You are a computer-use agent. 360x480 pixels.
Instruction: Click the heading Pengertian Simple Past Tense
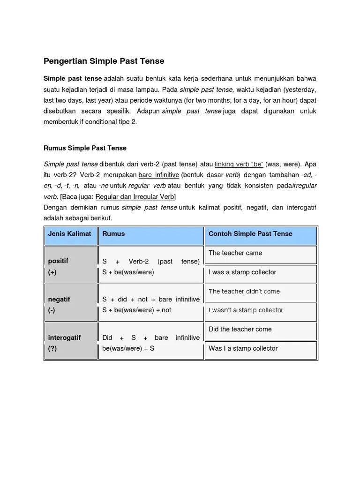(104, 61)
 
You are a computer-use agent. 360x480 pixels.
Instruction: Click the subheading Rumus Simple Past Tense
(85, 148)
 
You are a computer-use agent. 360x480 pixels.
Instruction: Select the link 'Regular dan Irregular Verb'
(135, 197)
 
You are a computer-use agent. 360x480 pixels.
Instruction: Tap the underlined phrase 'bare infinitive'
(158, 175)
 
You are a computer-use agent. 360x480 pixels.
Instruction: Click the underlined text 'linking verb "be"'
(239, 165)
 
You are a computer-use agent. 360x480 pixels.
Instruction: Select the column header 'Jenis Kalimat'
(69, 234)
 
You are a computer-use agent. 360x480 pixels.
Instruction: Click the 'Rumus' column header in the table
(113, 234)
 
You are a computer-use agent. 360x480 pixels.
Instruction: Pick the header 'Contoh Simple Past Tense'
(250, 234)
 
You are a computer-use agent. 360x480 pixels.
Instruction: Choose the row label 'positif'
(58, 261)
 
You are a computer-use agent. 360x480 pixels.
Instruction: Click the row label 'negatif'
(59, 300)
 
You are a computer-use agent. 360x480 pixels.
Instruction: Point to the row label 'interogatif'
(64, 338)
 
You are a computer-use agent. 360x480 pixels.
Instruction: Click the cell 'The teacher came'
(235, 253)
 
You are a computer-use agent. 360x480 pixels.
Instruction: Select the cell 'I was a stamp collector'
(242, 272)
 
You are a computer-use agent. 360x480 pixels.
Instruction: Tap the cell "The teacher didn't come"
(244, 292)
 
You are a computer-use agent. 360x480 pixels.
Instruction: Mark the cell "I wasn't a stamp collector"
(246, 310)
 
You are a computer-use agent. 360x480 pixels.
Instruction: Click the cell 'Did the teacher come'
(240, 330)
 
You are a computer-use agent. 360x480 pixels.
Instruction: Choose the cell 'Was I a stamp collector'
(243, 349)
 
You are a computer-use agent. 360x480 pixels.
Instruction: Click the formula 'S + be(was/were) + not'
(136, 310)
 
